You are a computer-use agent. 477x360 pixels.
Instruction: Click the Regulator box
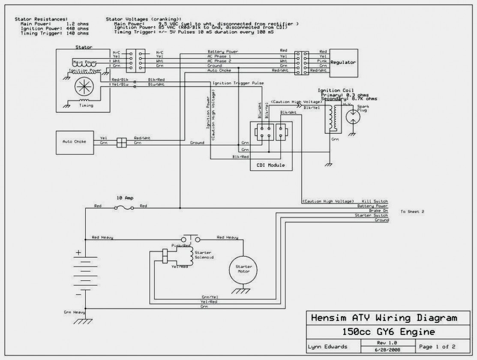343,63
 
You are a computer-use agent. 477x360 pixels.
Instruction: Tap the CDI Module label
271,165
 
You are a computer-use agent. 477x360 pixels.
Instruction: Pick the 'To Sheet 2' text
412,212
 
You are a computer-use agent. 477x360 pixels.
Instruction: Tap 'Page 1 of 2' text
437,346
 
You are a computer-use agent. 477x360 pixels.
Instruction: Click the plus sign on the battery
78,253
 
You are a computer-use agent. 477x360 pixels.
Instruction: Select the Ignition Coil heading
336,90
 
